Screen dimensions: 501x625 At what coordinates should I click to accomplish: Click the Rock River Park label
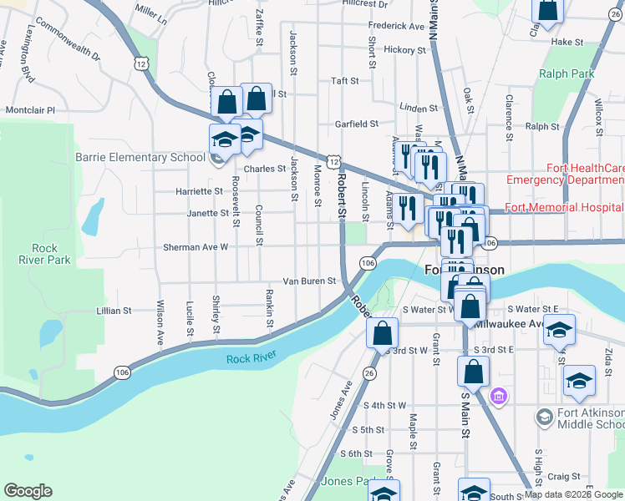tap(50, 254)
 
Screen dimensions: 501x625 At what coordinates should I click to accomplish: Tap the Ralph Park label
tap(567, 73)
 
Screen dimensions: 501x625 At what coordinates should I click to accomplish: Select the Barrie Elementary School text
tap(140, 157)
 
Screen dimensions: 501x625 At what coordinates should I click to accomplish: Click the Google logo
tap(28, 491)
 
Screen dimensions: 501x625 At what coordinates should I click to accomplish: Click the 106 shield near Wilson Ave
tap(122, 372)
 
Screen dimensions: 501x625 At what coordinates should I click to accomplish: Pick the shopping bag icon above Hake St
tap(548, 10)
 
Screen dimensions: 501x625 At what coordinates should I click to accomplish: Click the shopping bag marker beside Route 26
tap(382, 333)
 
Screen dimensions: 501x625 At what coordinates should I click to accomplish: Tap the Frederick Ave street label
tap(396, 27)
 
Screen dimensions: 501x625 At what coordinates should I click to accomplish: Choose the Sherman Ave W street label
tap(195, 247)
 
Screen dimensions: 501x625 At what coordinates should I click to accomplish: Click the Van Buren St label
tap(308, 281)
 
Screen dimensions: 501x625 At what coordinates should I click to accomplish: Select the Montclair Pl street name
tap(29, 109)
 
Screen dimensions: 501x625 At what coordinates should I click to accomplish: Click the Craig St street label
tap(565, 476)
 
